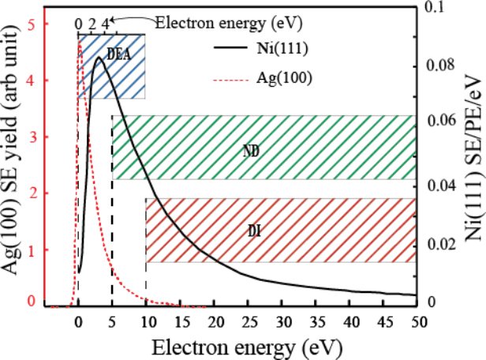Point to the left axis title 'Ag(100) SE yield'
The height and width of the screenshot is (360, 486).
11,181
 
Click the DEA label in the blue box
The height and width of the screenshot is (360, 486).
118,54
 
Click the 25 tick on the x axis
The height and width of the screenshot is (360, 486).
248,321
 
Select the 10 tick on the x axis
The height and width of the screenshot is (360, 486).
146,321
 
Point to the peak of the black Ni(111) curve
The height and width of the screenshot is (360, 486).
99,57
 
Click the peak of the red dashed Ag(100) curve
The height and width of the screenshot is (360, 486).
80,40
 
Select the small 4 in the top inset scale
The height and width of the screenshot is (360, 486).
105,23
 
